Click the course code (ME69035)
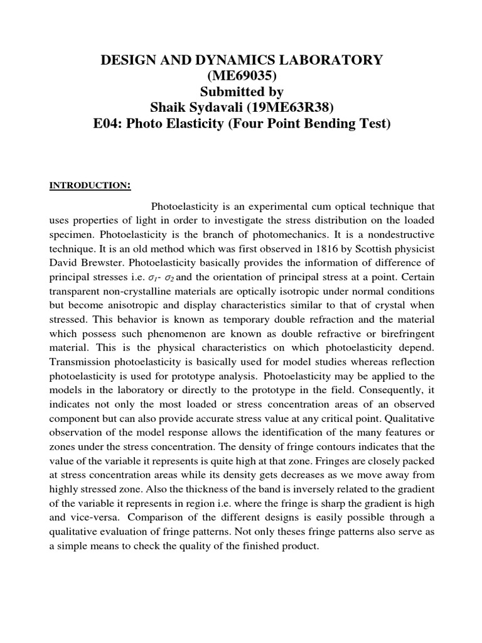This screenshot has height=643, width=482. pyautogui.click(x=242, y=76)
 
